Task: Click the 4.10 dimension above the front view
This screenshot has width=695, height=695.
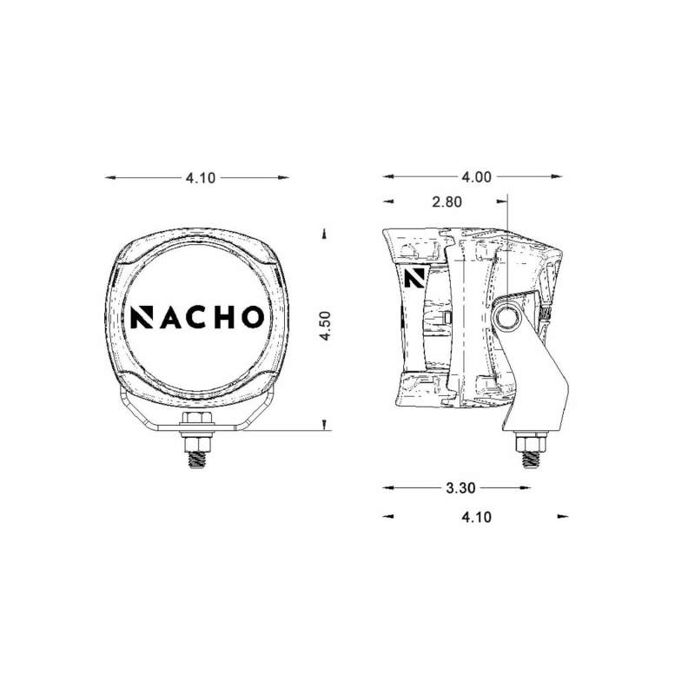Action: pos(199,177)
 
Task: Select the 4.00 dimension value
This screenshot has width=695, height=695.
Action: pos(477,177)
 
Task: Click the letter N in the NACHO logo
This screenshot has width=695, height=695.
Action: pos(141,317)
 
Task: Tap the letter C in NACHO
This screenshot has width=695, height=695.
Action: pos(199,317)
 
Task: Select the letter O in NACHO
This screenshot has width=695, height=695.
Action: pos(250,317)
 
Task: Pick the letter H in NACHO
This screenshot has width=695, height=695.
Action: pos(224,317)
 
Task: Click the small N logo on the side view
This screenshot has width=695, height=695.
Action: pos(414,279)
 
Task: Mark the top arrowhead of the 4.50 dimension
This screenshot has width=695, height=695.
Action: pos(323,233)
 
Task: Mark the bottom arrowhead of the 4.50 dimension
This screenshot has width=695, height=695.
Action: pos(323,425)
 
